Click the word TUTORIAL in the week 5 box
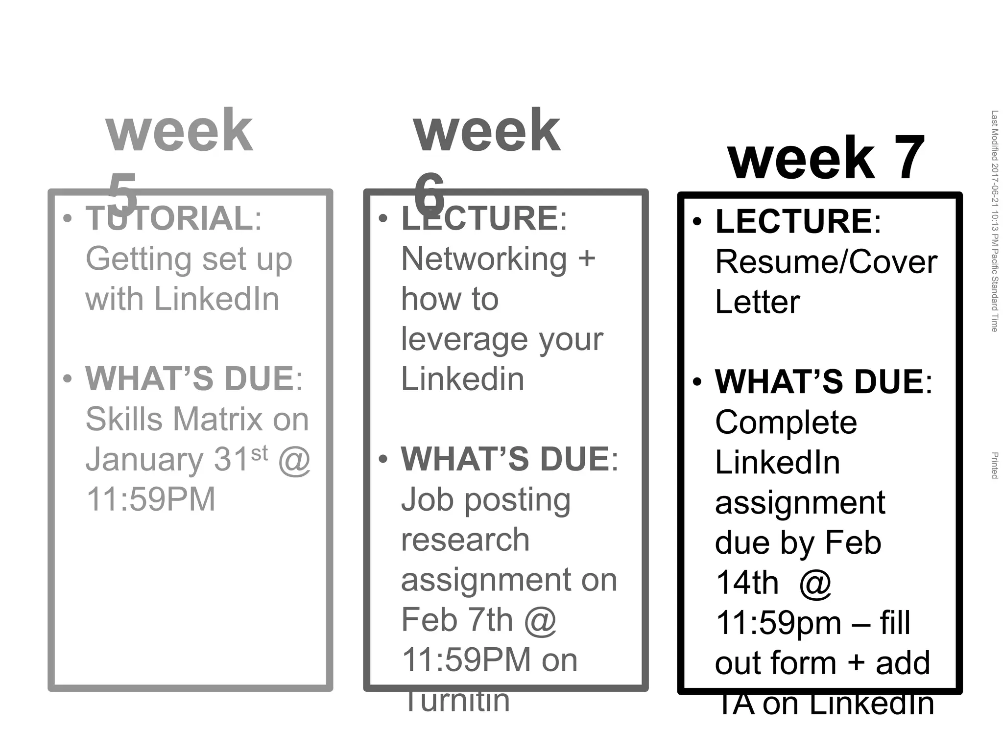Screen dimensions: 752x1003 [169, 218]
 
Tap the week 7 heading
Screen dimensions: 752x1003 [826, 158]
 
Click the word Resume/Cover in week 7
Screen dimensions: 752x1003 [826, 262]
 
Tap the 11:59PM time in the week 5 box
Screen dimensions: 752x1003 [150, 499]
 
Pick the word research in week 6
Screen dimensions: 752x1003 [465, 540]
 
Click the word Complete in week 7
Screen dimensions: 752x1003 [786, 422]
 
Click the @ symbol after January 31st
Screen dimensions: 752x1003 [294, 460]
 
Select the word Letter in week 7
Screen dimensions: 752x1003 [757, 302]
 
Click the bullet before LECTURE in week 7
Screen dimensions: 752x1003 [697, 222]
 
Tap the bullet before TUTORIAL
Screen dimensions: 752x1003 [68, 218]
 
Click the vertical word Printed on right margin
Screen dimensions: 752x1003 [994, 465]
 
